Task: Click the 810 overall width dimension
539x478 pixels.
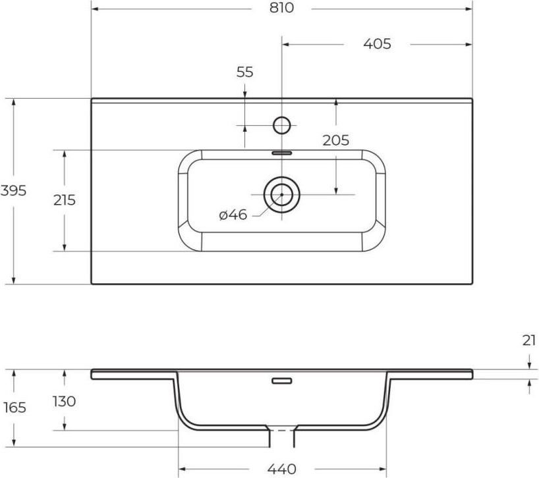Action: [x=281, y=7]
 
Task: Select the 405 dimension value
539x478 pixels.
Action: [x=377, y=44]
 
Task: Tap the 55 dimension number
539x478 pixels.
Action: [x=244, y=72]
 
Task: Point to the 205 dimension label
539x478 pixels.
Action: [x=336, y=140]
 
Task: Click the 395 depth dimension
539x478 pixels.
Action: [x=13, y=190]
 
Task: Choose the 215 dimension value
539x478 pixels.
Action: [x=65, y=200]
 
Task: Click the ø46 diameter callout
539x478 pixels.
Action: [x=233, y=215]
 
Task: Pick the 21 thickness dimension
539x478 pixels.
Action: [x=529, y=340]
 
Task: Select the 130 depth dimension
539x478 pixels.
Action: [x=65, y=401]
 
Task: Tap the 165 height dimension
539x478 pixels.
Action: [x=14, y=408]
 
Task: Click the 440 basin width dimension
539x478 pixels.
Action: [x=282, y=469]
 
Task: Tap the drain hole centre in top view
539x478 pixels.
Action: [x=282, y=195]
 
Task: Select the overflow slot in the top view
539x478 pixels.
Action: [x=282, y=153]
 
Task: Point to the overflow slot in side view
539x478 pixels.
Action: [x=282, y=381]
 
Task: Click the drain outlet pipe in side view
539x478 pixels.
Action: [x=282, y=437]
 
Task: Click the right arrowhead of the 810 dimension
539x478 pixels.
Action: [x=469, y=9]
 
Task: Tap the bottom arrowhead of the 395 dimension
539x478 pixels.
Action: [x=13, y=280]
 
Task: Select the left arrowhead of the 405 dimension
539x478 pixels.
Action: [x=286, y=44]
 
